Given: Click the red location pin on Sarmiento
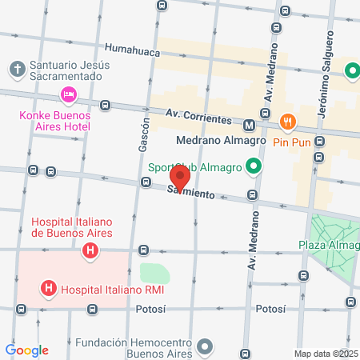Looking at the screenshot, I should (181, 177).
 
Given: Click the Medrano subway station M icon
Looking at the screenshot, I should (250, 125).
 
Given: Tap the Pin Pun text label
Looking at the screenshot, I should (290, 142).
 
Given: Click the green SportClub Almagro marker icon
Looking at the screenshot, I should (254, 167).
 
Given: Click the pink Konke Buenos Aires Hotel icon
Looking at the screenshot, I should (68, 95).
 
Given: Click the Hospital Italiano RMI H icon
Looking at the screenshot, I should (50, 288).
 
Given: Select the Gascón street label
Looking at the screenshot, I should (144, 134).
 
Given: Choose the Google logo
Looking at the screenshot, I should (26, 350).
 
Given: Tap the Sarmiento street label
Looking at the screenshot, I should (192, 194).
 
